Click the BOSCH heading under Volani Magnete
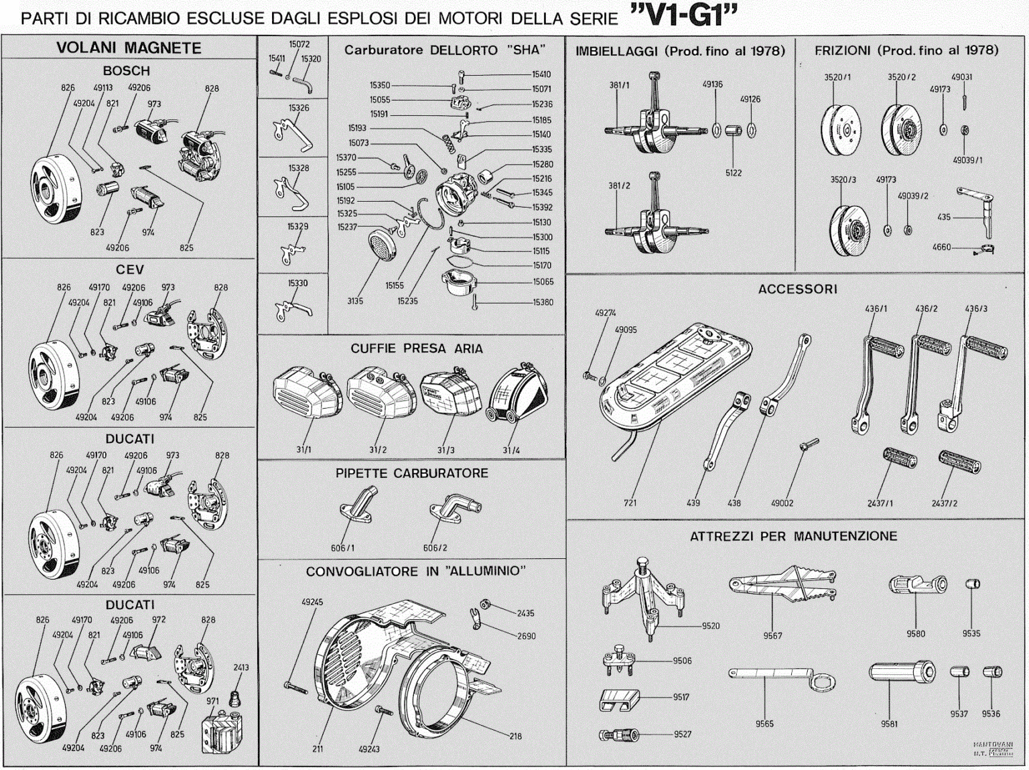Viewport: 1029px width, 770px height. coord(126,70)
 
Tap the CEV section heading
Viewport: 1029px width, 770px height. coord(129,269)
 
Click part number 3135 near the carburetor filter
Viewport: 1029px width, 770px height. coord(355,301)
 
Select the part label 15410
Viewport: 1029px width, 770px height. coord(541,74)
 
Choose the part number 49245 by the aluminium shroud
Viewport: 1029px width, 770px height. coord(312,602)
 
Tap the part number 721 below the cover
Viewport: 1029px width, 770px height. coord(630,503)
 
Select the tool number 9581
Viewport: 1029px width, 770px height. coord(889,724)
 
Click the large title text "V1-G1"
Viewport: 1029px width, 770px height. coord(683,15)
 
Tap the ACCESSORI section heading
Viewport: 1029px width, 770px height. coord(797,289)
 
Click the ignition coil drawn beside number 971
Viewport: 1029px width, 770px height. coord(221,732)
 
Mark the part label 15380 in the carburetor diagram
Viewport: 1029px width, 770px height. coord(543,302)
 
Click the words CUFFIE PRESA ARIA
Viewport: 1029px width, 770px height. coord(416,348)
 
